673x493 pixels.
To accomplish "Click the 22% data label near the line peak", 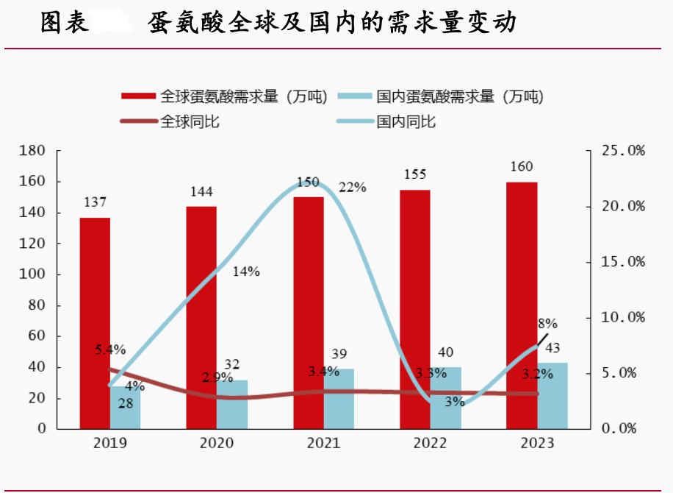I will point(353,187).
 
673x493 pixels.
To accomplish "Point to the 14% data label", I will point(246,272).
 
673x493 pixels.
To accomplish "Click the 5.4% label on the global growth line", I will point(110,350).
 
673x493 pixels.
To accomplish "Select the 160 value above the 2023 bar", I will point(521,167).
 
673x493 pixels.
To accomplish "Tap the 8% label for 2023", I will point(548,323).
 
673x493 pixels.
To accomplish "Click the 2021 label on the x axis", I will point(324,443).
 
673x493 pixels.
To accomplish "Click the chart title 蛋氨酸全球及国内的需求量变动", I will point(331,24).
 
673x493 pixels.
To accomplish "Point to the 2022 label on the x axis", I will point(431,443).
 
